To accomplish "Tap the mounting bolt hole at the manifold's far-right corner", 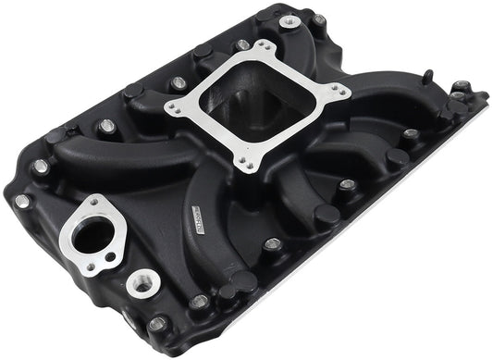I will (459, 89).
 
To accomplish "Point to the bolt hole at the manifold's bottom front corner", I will (159, 323).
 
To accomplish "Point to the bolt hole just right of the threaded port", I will (199, 301).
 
